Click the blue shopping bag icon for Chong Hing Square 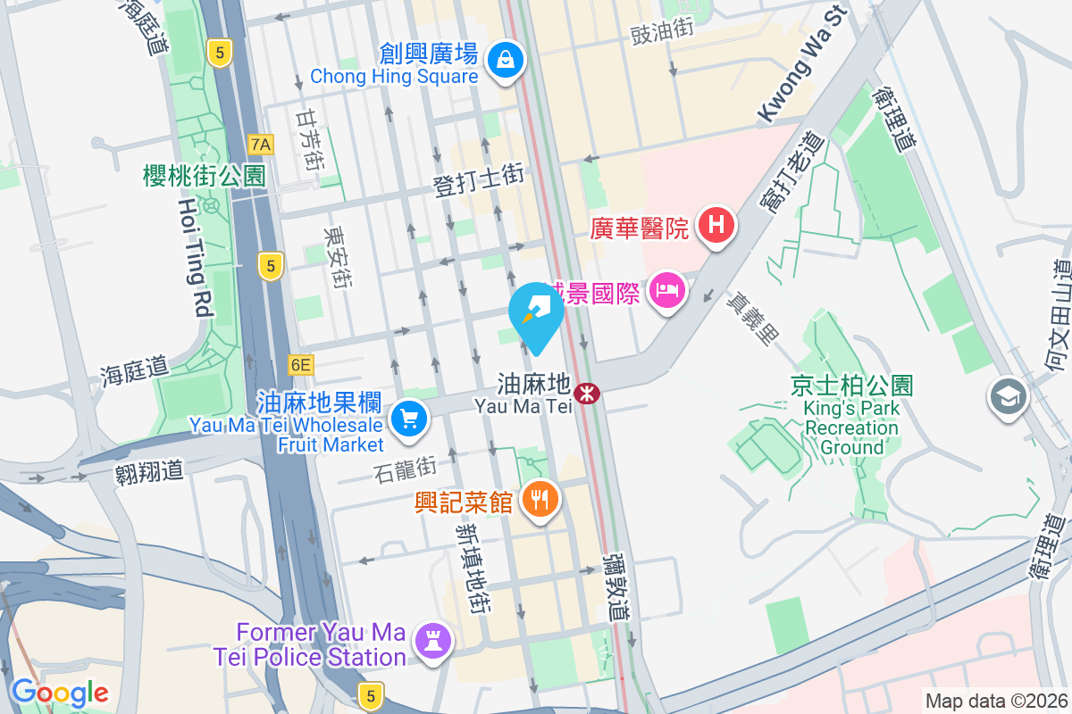pos(506,60)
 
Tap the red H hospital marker pos(716,224)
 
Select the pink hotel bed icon pos(666,290)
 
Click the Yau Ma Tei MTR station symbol pos(586,393)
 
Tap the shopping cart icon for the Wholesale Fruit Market pos(410,418)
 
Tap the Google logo pos(60,693)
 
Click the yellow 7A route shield pos(261,144)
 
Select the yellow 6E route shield pos(301,364)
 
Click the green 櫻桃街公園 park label pos(205,176)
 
